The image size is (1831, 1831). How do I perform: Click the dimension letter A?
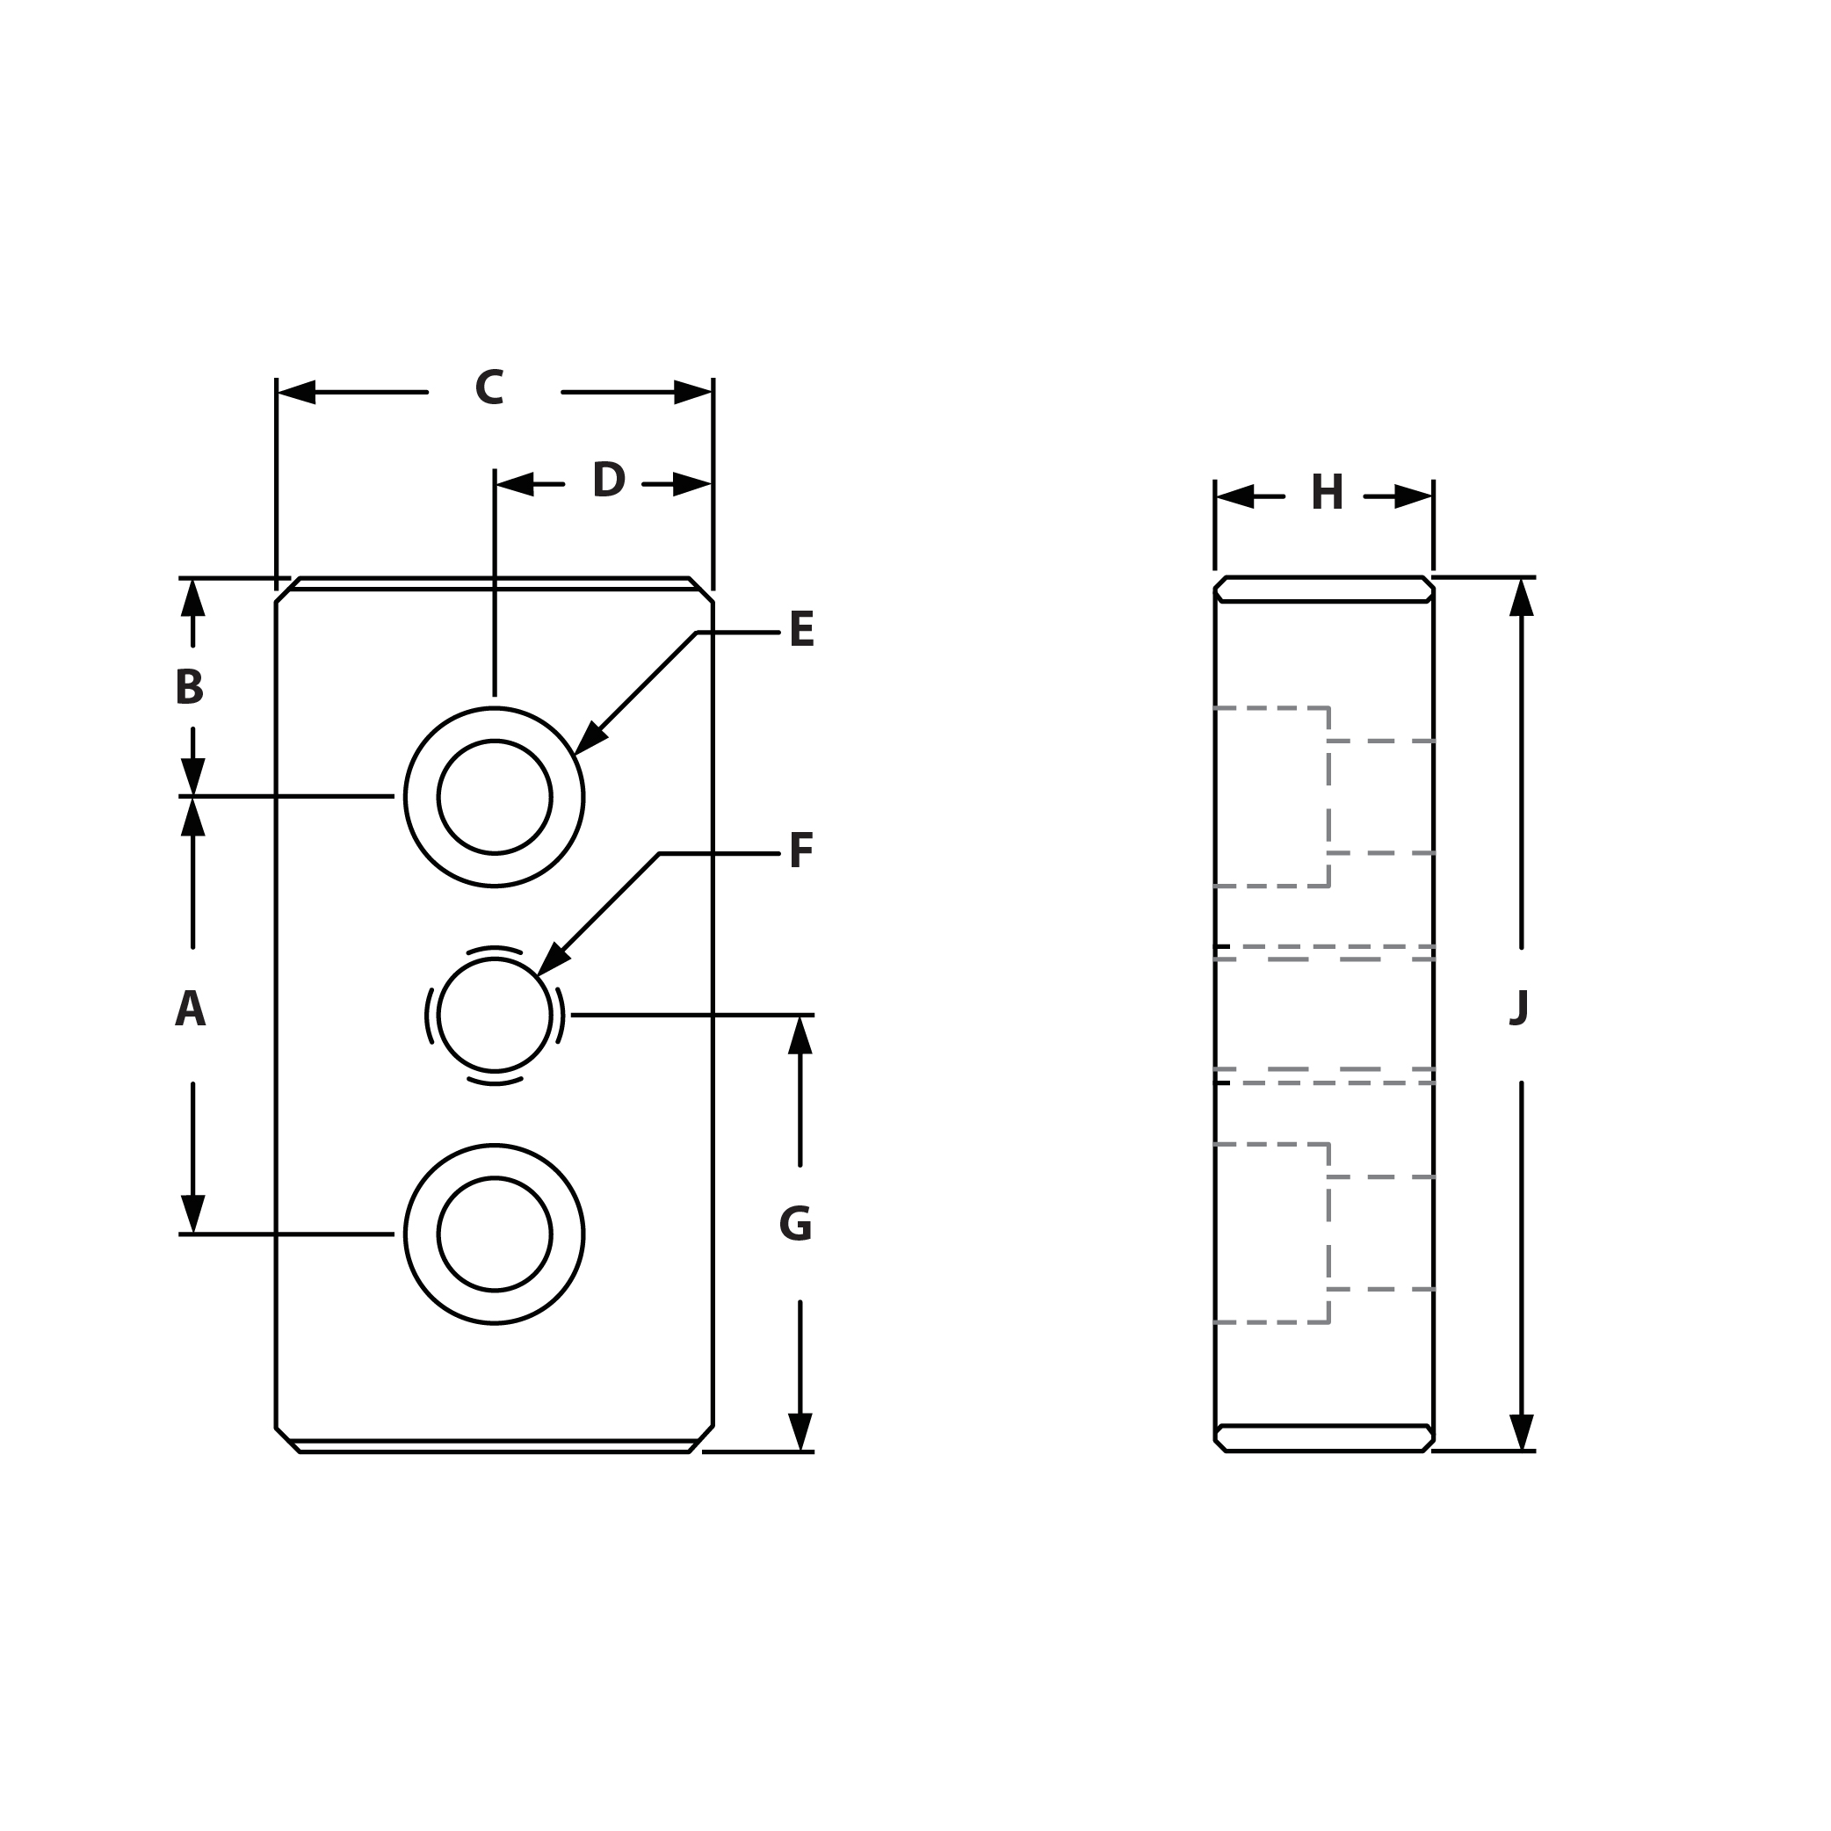point(190,1010)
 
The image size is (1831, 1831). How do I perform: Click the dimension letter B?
point(190,687)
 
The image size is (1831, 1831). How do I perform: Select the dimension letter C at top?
point(489,387)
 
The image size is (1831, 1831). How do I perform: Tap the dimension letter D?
point(609,480)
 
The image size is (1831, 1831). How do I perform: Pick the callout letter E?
point(802,630)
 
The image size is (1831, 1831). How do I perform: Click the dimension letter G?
point(795,1225)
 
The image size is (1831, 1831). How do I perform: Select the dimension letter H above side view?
point(1327,493)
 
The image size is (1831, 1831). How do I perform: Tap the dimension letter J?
point(1519,1009)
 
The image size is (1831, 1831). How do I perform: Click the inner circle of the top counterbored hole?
point(495,797)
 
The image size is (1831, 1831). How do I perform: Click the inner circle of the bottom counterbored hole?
point(495,1234)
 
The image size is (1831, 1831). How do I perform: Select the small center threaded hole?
point(495,1015)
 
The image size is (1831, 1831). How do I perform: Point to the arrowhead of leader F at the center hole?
point(551,961)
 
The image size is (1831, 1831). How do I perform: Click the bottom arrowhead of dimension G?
point(800,1432)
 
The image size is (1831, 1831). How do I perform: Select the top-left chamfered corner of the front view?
point(287,590)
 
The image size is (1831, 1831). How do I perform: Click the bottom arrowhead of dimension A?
point(193,1215)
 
